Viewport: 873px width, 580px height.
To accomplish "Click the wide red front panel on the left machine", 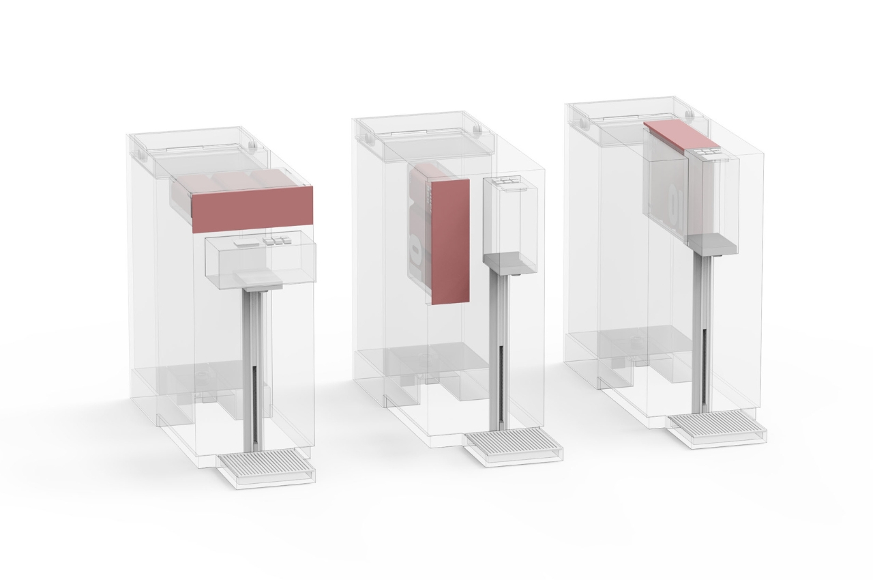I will pos(252,208).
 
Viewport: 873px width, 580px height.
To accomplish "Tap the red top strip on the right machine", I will pos(679,135).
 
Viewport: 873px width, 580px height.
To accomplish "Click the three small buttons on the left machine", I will pos(277,241).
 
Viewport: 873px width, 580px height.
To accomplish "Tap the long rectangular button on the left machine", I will pos(244,243).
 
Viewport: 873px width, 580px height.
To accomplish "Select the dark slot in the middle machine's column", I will pos(501,382).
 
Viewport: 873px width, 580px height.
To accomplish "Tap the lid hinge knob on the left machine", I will pos(252,145).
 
